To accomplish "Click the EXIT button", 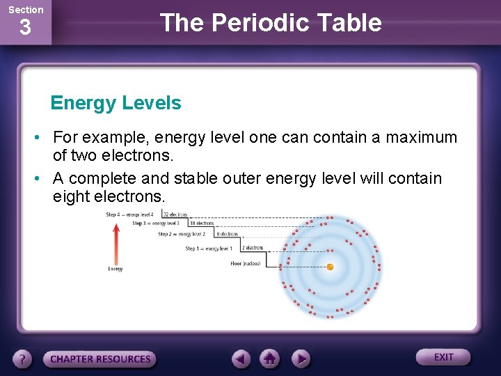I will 443,357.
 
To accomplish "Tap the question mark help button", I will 23,359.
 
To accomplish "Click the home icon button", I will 271,359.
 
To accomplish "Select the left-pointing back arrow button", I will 241,359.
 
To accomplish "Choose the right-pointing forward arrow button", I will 301,359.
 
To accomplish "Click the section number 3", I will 25,29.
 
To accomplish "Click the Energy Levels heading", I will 116,103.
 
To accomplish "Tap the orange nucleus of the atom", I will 330,267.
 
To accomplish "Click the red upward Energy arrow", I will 116,241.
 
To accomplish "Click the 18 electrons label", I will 201,224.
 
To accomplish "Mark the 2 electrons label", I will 253,248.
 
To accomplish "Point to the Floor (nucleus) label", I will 245,264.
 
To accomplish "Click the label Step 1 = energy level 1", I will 209,249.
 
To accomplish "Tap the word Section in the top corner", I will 25,10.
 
